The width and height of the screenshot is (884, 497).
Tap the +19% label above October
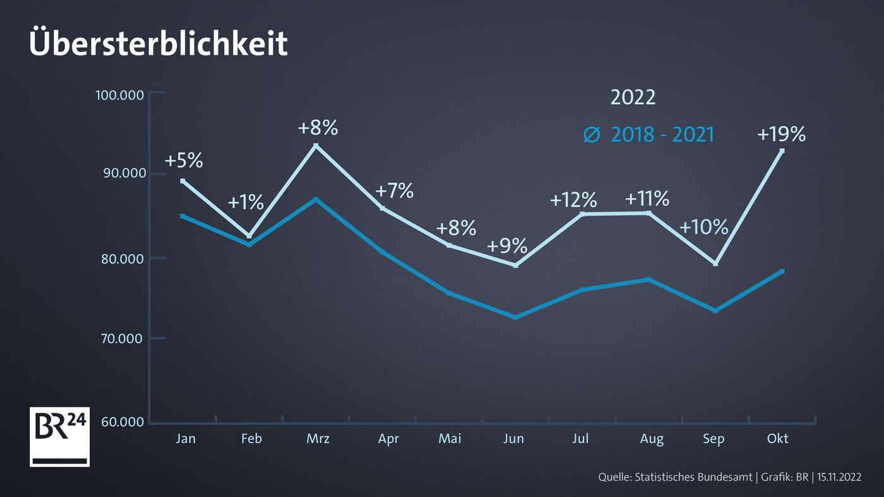[x=781, y=134]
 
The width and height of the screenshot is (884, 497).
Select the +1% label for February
[x=245, y=202]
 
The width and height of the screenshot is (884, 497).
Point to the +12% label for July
[x=573, y=200]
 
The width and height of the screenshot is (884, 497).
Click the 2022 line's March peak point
[x=316, y=146]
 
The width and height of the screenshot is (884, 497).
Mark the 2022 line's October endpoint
[x=782, y=151]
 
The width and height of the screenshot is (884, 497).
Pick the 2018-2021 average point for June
[x=516, y=317]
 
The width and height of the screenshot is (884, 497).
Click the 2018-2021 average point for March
[x=316, y=199]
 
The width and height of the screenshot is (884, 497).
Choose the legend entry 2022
[x=633, y=98]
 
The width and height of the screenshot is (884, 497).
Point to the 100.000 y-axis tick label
[x=121, y=95]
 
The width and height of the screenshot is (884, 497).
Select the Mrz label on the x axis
[x=318, y=439]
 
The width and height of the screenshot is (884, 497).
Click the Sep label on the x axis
[x=714, y=439]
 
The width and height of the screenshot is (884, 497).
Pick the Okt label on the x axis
[x=778, y=438]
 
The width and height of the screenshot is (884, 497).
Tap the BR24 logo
[x=59, y=436]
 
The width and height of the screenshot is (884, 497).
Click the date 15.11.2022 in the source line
[x=839, y=477]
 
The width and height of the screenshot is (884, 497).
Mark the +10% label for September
[x=704, y=227]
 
